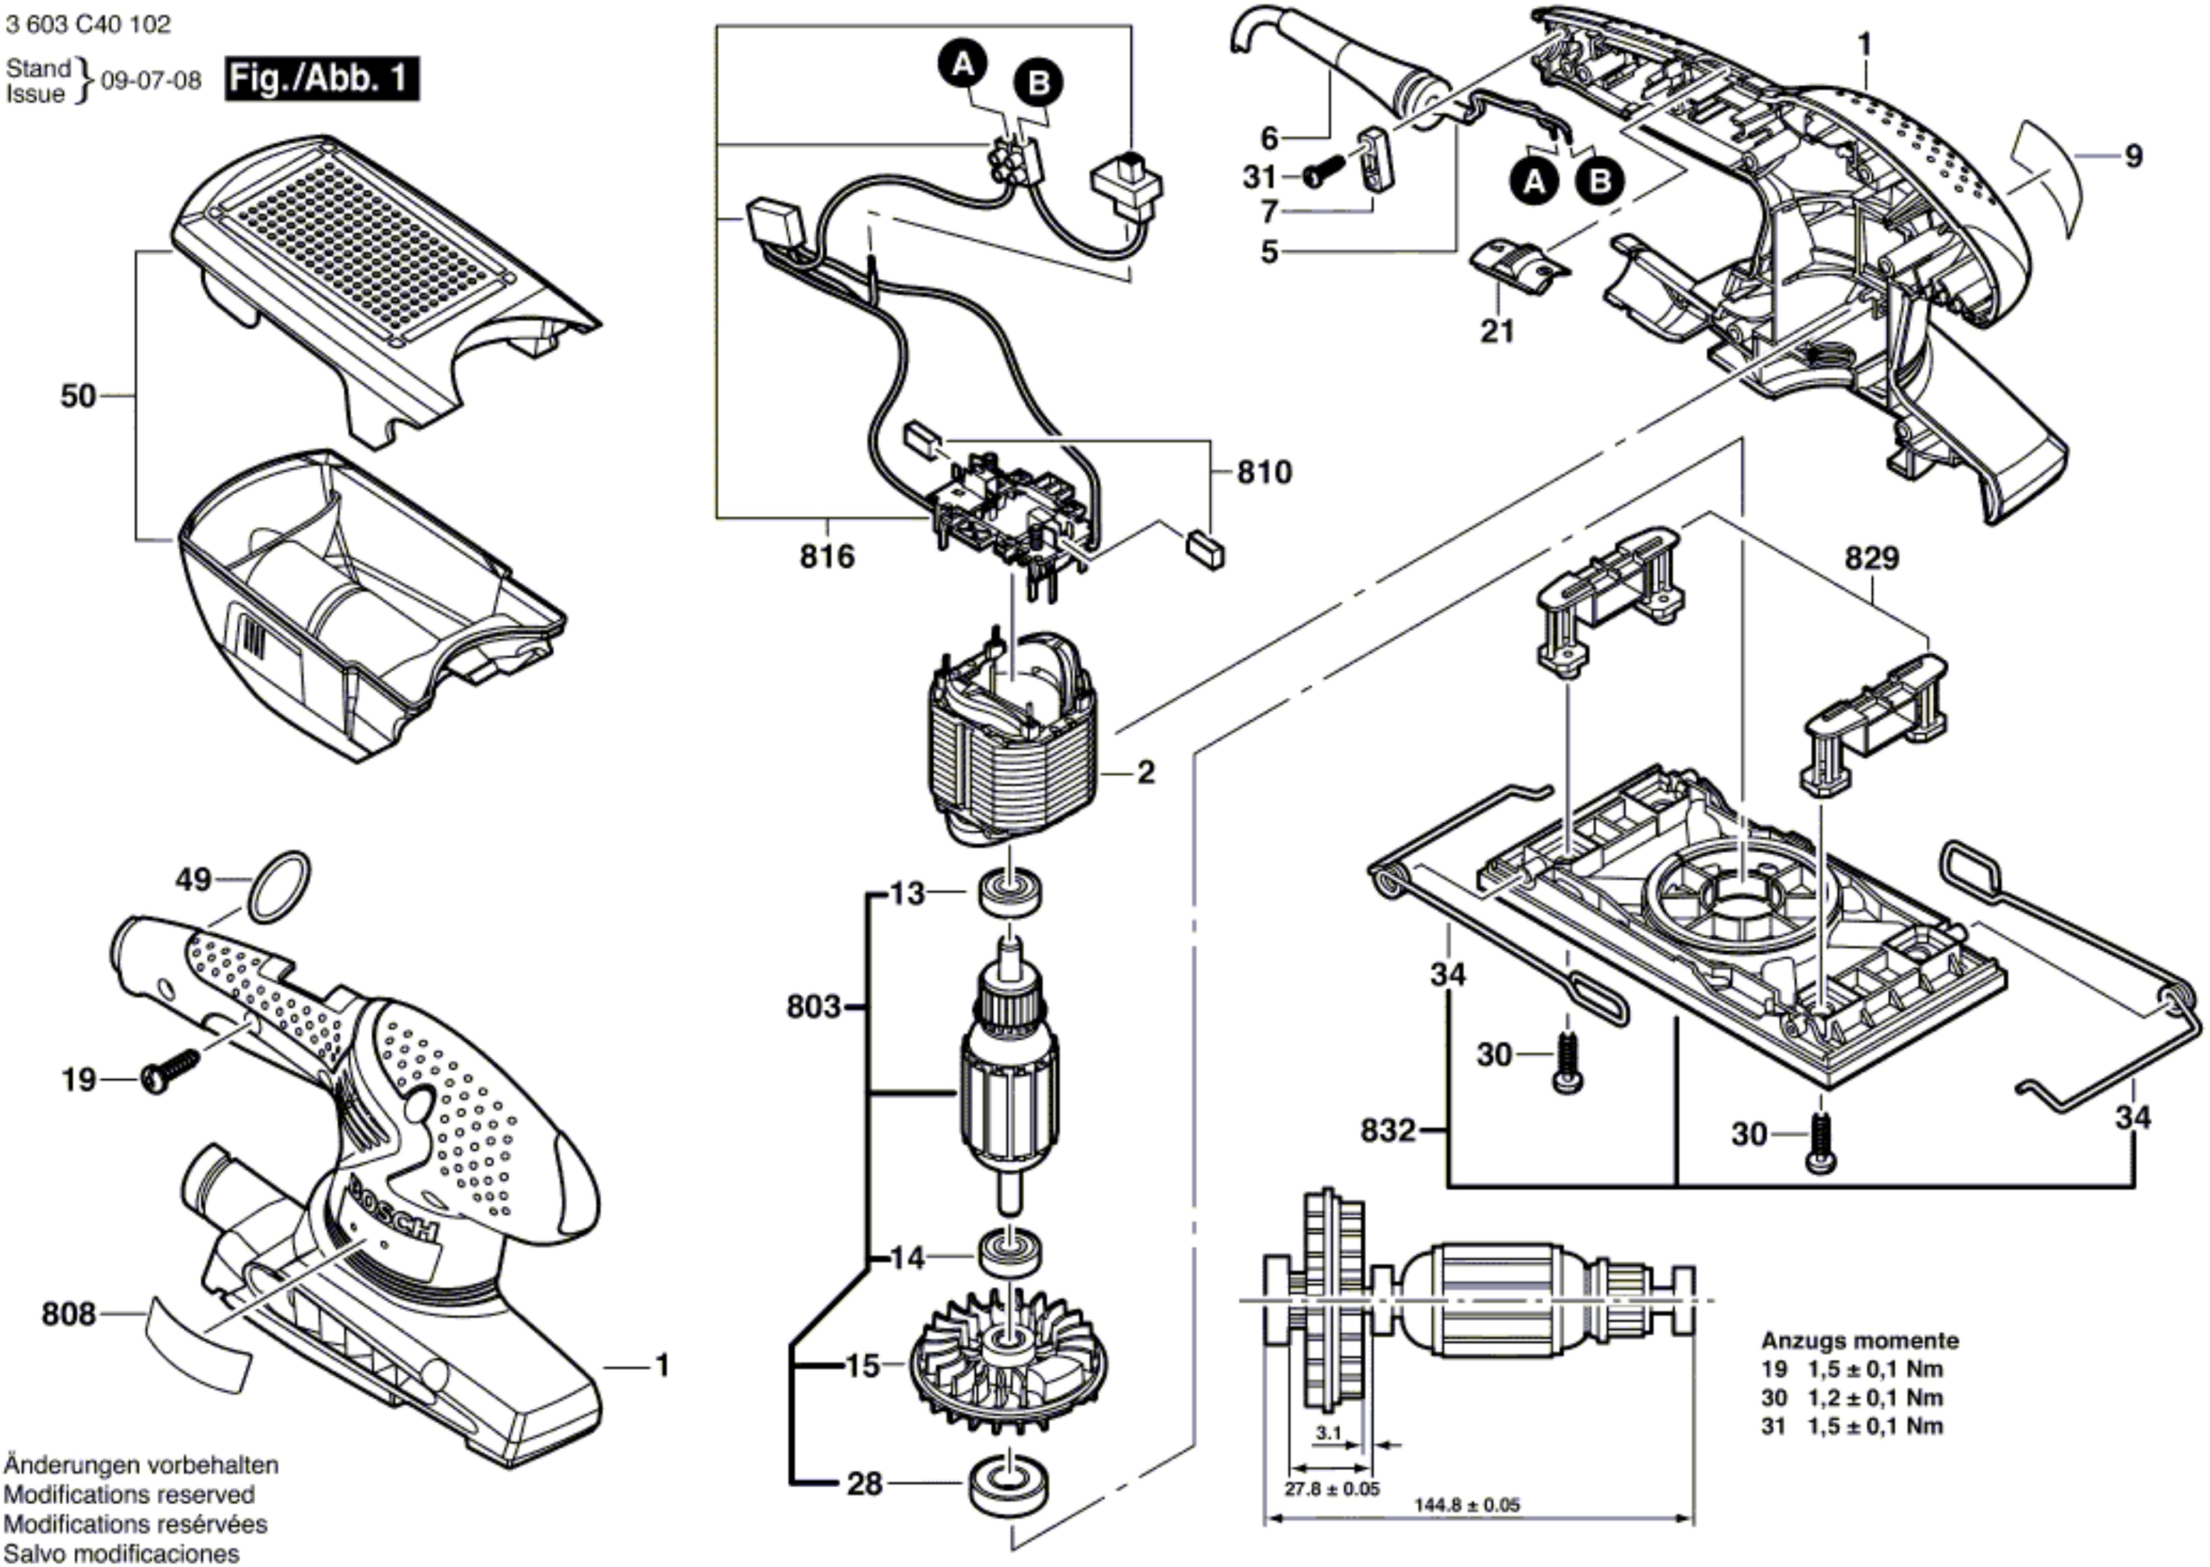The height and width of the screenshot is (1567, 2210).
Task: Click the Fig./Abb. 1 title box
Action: (322, 79)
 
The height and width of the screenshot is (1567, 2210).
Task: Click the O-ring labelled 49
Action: (280, 887)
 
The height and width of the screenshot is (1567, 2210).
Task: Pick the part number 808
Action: (69, 1314)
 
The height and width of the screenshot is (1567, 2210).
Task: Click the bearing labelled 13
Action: (1009, 893)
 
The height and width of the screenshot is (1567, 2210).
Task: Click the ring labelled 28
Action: (1009, 1483)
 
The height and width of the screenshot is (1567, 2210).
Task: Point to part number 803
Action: (813, 1007)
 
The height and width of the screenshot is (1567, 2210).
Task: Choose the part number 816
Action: (827, 557)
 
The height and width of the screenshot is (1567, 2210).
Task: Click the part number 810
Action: (1265, 472)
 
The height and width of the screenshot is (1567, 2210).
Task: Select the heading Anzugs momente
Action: (1860, 1340)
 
